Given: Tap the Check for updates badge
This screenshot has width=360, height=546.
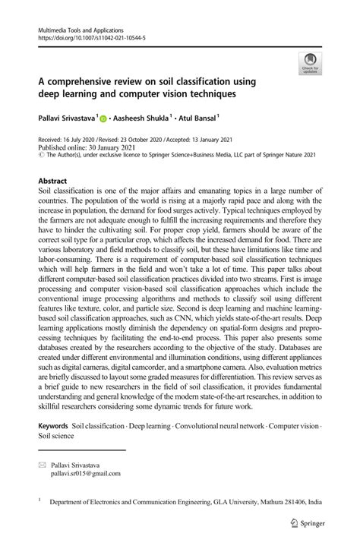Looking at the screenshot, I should (x=309, y=64).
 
